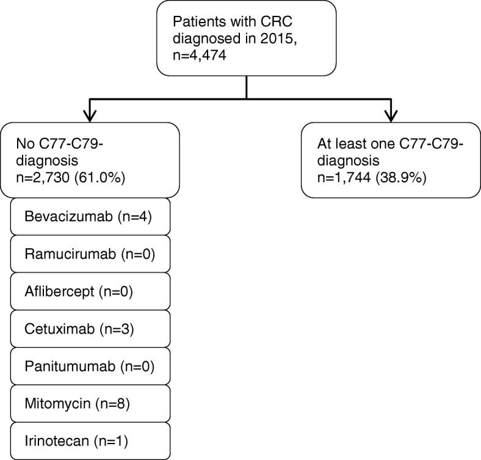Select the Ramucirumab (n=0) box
click(x=90, y=254)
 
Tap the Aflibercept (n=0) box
click(x=90, y=291)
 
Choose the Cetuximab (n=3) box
click(x=90, y=329)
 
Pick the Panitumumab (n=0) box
click(x=90, y=366)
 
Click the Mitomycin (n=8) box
click(x=90, y=403)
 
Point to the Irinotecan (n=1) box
click(x=90, y=440)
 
